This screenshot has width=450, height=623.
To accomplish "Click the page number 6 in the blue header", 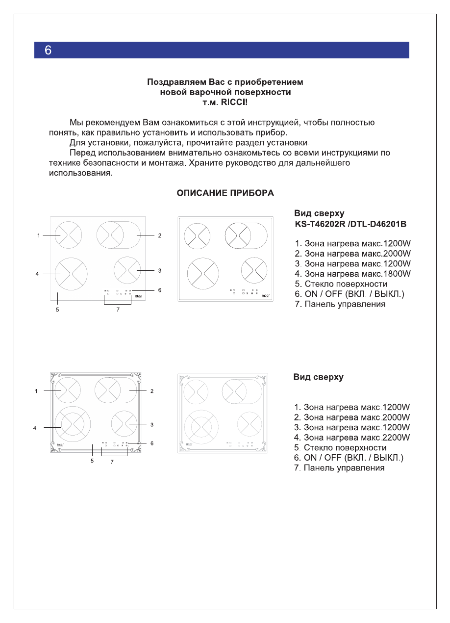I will (48, 50).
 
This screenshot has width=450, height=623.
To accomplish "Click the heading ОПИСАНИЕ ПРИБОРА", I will (225, 193).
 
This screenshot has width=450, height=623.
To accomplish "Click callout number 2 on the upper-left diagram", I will (160, 236).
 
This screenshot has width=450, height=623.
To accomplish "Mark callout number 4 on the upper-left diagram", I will (37, 274).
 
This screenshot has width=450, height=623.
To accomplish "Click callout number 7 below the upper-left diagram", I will (118, 311).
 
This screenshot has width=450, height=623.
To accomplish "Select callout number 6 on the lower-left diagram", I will (152, 443).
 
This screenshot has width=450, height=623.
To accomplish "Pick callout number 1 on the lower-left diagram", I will (36, 391).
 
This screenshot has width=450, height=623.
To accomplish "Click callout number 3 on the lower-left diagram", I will (152, 424).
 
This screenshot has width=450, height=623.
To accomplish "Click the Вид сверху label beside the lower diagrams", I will (318, 377).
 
